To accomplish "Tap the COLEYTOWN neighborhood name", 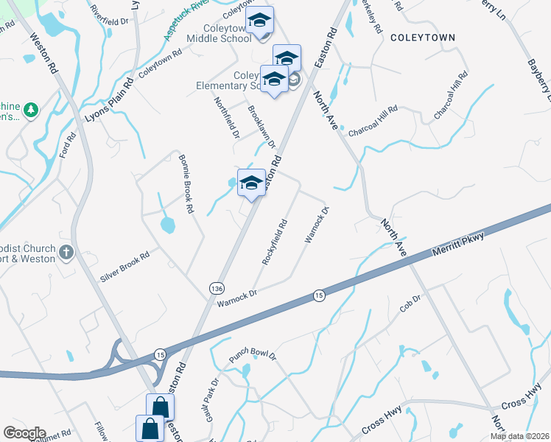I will (423, 37).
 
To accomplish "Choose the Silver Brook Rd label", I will (124, 267).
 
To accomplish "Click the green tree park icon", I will (30, 110).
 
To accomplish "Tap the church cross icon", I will (66, 253).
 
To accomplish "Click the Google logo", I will (24, 433).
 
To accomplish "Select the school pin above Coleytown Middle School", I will (259, 21).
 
